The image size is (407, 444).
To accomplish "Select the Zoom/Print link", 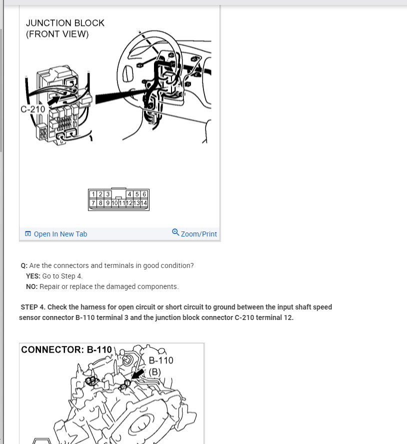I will coord(198,234).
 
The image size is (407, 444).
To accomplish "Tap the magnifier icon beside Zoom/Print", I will coord(175,232).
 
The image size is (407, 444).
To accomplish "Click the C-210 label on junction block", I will coord(32,109).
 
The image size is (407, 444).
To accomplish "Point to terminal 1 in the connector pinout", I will coord(93,194).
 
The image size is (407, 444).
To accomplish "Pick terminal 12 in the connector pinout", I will coord(129,202).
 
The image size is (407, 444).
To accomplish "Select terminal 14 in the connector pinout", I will coord(144,202).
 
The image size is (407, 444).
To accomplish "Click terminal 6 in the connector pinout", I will coord(144,194).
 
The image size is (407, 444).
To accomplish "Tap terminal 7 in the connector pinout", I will coord(93,202).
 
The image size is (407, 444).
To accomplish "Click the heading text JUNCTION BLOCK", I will coord(65,23).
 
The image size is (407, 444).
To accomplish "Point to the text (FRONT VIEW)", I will coord(57,34).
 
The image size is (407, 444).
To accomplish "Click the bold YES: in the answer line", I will coord(33,276).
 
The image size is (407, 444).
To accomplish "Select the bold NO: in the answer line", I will coord(32,286).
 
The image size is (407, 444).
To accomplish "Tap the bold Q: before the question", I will coord(24,265).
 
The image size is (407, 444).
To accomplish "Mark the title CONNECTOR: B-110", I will coord(66,350).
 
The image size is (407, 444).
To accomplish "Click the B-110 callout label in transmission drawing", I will coord(161,360).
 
